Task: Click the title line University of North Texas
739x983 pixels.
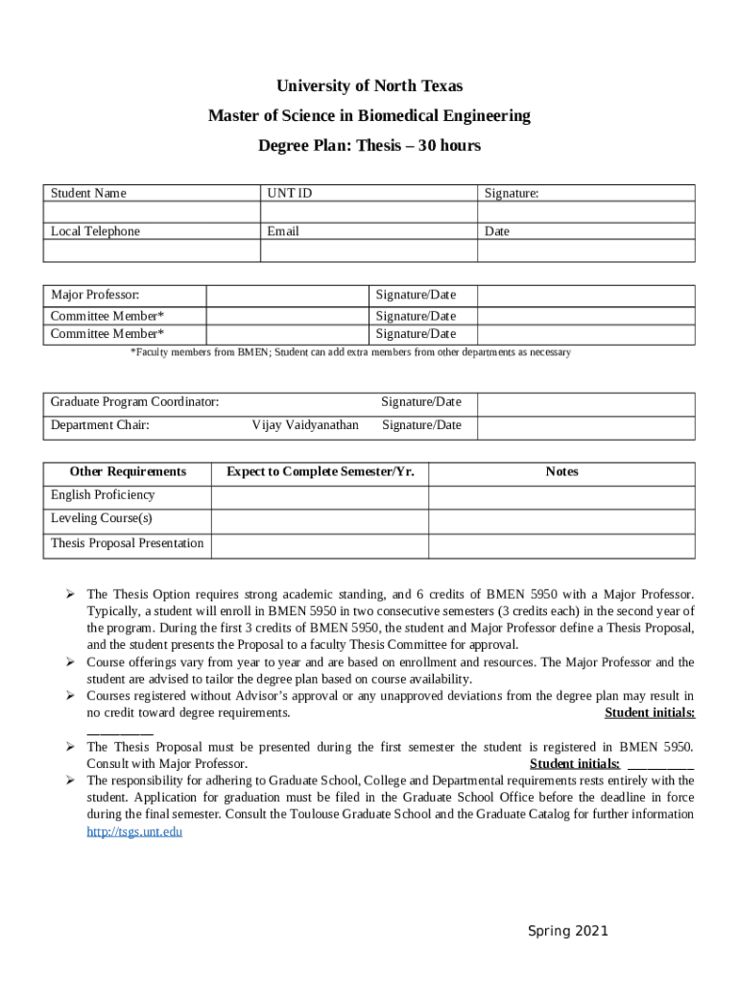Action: click(x=369, y=86)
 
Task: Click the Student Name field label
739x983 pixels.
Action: click(x=88, y=194)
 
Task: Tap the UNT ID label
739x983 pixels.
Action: click(x=289, y=194)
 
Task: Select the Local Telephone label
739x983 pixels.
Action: click(x=95, y=231)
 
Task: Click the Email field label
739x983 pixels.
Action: click(x=283, y=231)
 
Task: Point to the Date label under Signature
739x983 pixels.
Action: click(x=497, y=231)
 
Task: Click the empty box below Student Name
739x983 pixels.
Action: click(x=152, y=213)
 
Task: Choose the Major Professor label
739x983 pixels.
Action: click(x=95, y=294)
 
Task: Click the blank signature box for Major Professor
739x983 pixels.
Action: click(x=585, y=295)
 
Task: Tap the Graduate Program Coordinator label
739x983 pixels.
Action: click(x=134, y=401)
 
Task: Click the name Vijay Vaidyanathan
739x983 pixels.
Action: click(x=305, y=425)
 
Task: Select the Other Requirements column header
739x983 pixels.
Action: click(x=128, y=471)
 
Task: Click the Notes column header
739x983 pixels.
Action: click(x=561, y=471)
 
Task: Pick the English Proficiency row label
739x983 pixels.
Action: click(x=103, y=495)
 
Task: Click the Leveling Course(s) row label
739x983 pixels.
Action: click(x=102, y=518)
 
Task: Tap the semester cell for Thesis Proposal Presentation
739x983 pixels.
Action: click(x=319, y=544)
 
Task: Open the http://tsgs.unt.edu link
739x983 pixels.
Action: click(x=134, y=831)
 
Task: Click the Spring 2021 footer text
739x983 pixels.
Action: click(x=568, y=931)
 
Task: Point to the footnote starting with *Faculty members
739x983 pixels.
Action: click(x=350, y=352)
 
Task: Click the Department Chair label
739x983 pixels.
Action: click(x=100, y=425)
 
